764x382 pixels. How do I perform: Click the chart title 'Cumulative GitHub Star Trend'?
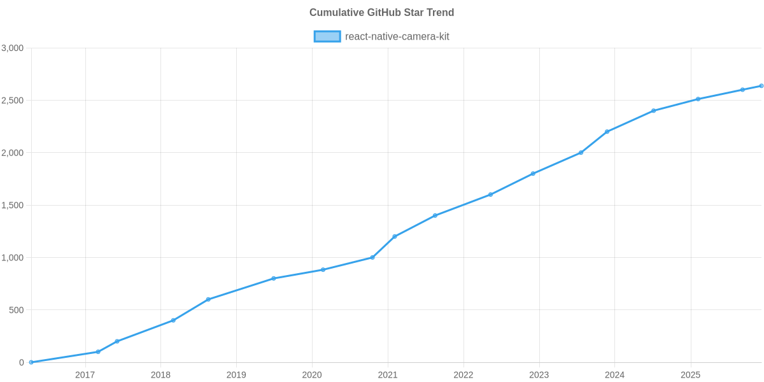(x=381, y=13)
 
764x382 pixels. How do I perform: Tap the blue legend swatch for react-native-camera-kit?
(x=327, y=36)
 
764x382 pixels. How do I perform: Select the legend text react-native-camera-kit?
(x=397, y=36)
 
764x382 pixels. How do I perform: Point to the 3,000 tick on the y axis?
(x=13, y=48)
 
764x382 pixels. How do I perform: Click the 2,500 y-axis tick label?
(x=13, y=101)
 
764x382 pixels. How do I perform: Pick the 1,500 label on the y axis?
(x=13, y=206)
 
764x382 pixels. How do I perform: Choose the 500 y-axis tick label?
(x=16, y=310)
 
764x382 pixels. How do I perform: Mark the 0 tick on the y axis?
(x=22, y=362)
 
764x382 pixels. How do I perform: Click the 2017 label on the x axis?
(x=85, y=375)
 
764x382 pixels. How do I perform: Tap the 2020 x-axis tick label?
(x=311, y=375)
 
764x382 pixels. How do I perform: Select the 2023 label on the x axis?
(x=539, y=375)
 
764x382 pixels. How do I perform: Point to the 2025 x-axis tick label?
(x=690, y=375)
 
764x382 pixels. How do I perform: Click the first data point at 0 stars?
(x=31, y=362)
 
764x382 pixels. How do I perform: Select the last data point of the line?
(x=761, y=86)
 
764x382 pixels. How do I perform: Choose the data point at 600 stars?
(x=208, y=299)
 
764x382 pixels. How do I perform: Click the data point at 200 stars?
(x=117, y=341)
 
